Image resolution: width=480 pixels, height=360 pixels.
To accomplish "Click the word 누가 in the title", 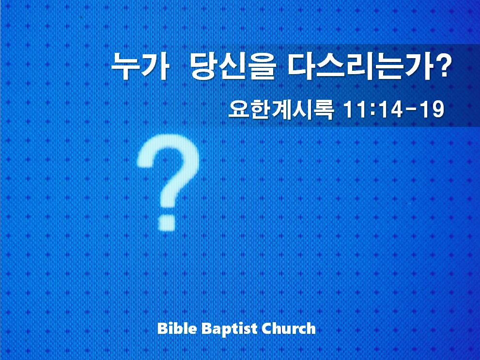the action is pyautogui.click(x=140, y=66).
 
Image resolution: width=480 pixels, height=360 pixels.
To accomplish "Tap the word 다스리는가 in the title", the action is pyautogui.click(x=358, y=66).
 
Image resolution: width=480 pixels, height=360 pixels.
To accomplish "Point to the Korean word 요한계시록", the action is pyautogui.click(x=281, y=110).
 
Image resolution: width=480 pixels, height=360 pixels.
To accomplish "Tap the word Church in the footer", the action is pyautogui.click(x=289, y=329).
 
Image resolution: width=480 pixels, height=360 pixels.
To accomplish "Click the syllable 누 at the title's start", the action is pyautogui.click(x=124, y=66).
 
